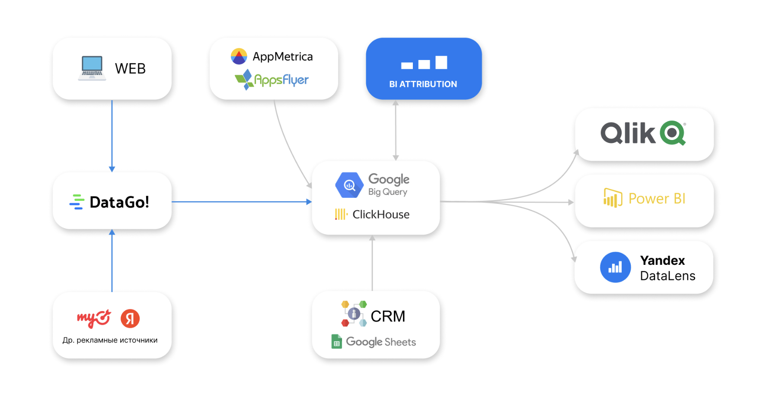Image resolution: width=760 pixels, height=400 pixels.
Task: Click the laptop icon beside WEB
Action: point(92,68)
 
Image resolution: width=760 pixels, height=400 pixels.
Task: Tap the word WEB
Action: point(130,69)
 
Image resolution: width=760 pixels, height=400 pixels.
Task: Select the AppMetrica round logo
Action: point(239,56)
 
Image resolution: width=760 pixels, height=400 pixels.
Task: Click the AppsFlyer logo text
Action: point(281,80)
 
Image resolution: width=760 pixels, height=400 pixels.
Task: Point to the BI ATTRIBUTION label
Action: point(423,84)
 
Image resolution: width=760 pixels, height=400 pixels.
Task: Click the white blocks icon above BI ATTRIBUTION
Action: point(424,63)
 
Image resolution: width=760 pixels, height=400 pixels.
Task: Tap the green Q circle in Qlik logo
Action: point(673,133)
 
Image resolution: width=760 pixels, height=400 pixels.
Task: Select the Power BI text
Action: point(657,199)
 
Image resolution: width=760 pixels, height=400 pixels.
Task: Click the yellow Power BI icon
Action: point(613,198)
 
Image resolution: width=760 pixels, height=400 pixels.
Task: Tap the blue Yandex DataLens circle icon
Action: point(615,267)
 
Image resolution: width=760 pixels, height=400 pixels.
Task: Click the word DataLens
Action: point(667,276)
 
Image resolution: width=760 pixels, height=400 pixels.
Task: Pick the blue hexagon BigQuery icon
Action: point(349,185)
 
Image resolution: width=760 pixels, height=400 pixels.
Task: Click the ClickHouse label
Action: point(381,215)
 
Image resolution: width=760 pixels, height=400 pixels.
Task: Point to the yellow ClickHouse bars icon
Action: point(341,214)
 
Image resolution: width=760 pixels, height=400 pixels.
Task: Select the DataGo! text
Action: point(119,202)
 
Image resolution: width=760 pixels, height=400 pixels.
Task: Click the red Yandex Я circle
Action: point(130,319)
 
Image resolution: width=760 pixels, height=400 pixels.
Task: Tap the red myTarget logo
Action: point(94,319)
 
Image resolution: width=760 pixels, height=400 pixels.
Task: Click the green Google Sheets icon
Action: point(336,342)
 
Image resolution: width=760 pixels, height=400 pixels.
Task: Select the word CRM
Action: point(388,317)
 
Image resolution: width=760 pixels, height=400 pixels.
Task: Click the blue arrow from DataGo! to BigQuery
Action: point(242,202)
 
